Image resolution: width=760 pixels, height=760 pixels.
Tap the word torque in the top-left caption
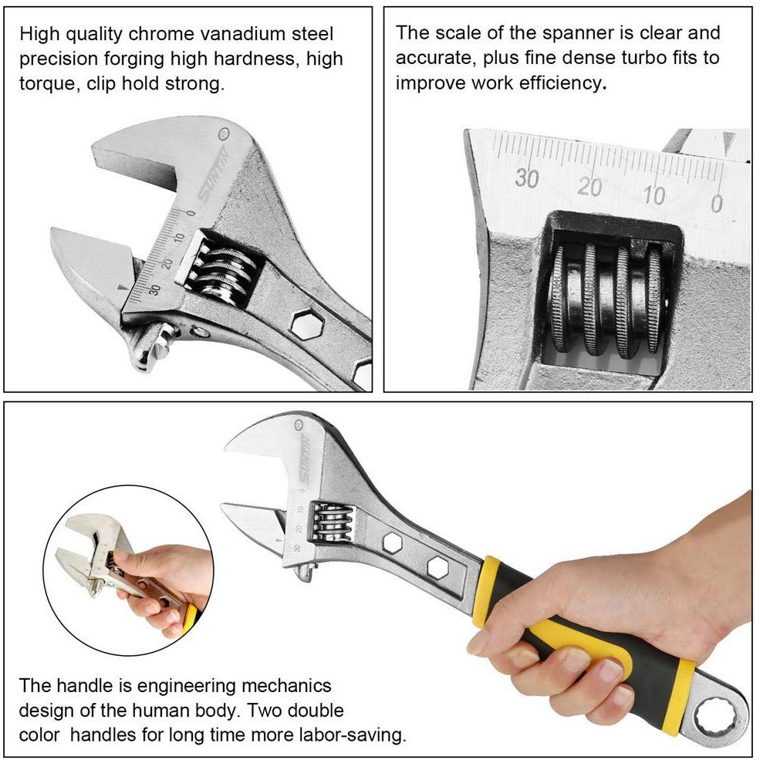point(48,84)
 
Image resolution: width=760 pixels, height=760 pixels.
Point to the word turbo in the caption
point(643,58)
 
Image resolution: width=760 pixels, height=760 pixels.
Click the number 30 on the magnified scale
point(526,178)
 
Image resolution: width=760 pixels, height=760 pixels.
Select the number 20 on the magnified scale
point(589,187)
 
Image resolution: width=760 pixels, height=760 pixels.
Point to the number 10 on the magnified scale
point(654,196)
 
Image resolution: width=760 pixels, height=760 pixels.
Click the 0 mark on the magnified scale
point(716,204)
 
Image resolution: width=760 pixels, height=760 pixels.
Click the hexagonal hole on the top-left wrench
point(307,324)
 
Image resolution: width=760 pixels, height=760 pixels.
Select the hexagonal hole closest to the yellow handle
point(437,568)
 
